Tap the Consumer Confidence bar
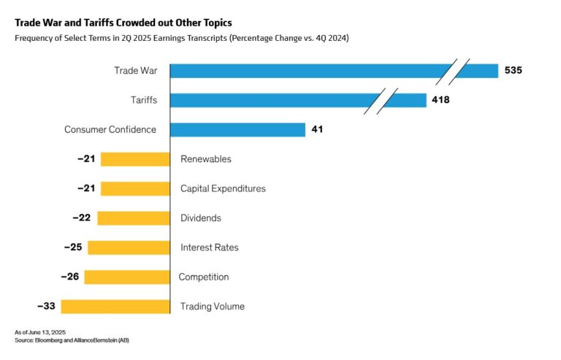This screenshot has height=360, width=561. pyautogui.click(x=237, y=129)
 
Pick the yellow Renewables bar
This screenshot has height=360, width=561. pyautogui.click(x=135, y=159)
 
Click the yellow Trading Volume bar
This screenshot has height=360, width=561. pyautogui.click(x=115, y=307)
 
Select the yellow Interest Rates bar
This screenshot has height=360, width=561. pyautogui.click(x=129, y=248)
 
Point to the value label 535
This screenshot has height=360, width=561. pyautogui.click(x=514, y=71)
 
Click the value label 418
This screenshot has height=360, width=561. pyautogui.click(x=440, y=100)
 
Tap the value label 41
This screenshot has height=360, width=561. pyautogui.click(x=317, y=129)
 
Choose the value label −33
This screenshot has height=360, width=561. pyautogui.click(x=46, y=307)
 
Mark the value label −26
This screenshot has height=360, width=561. pyautogui.click(x=70, y=277)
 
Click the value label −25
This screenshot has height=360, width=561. pyautogui.click(x=73, y=248)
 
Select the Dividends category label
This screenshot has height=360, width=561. pyautogui.click(x=201, y=218)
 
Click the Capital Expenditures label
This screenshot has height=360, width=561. pyautogui.click(x=223, y=188)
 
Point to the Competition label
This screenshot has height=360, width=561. pyautogui.click(x=204, y=277)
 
